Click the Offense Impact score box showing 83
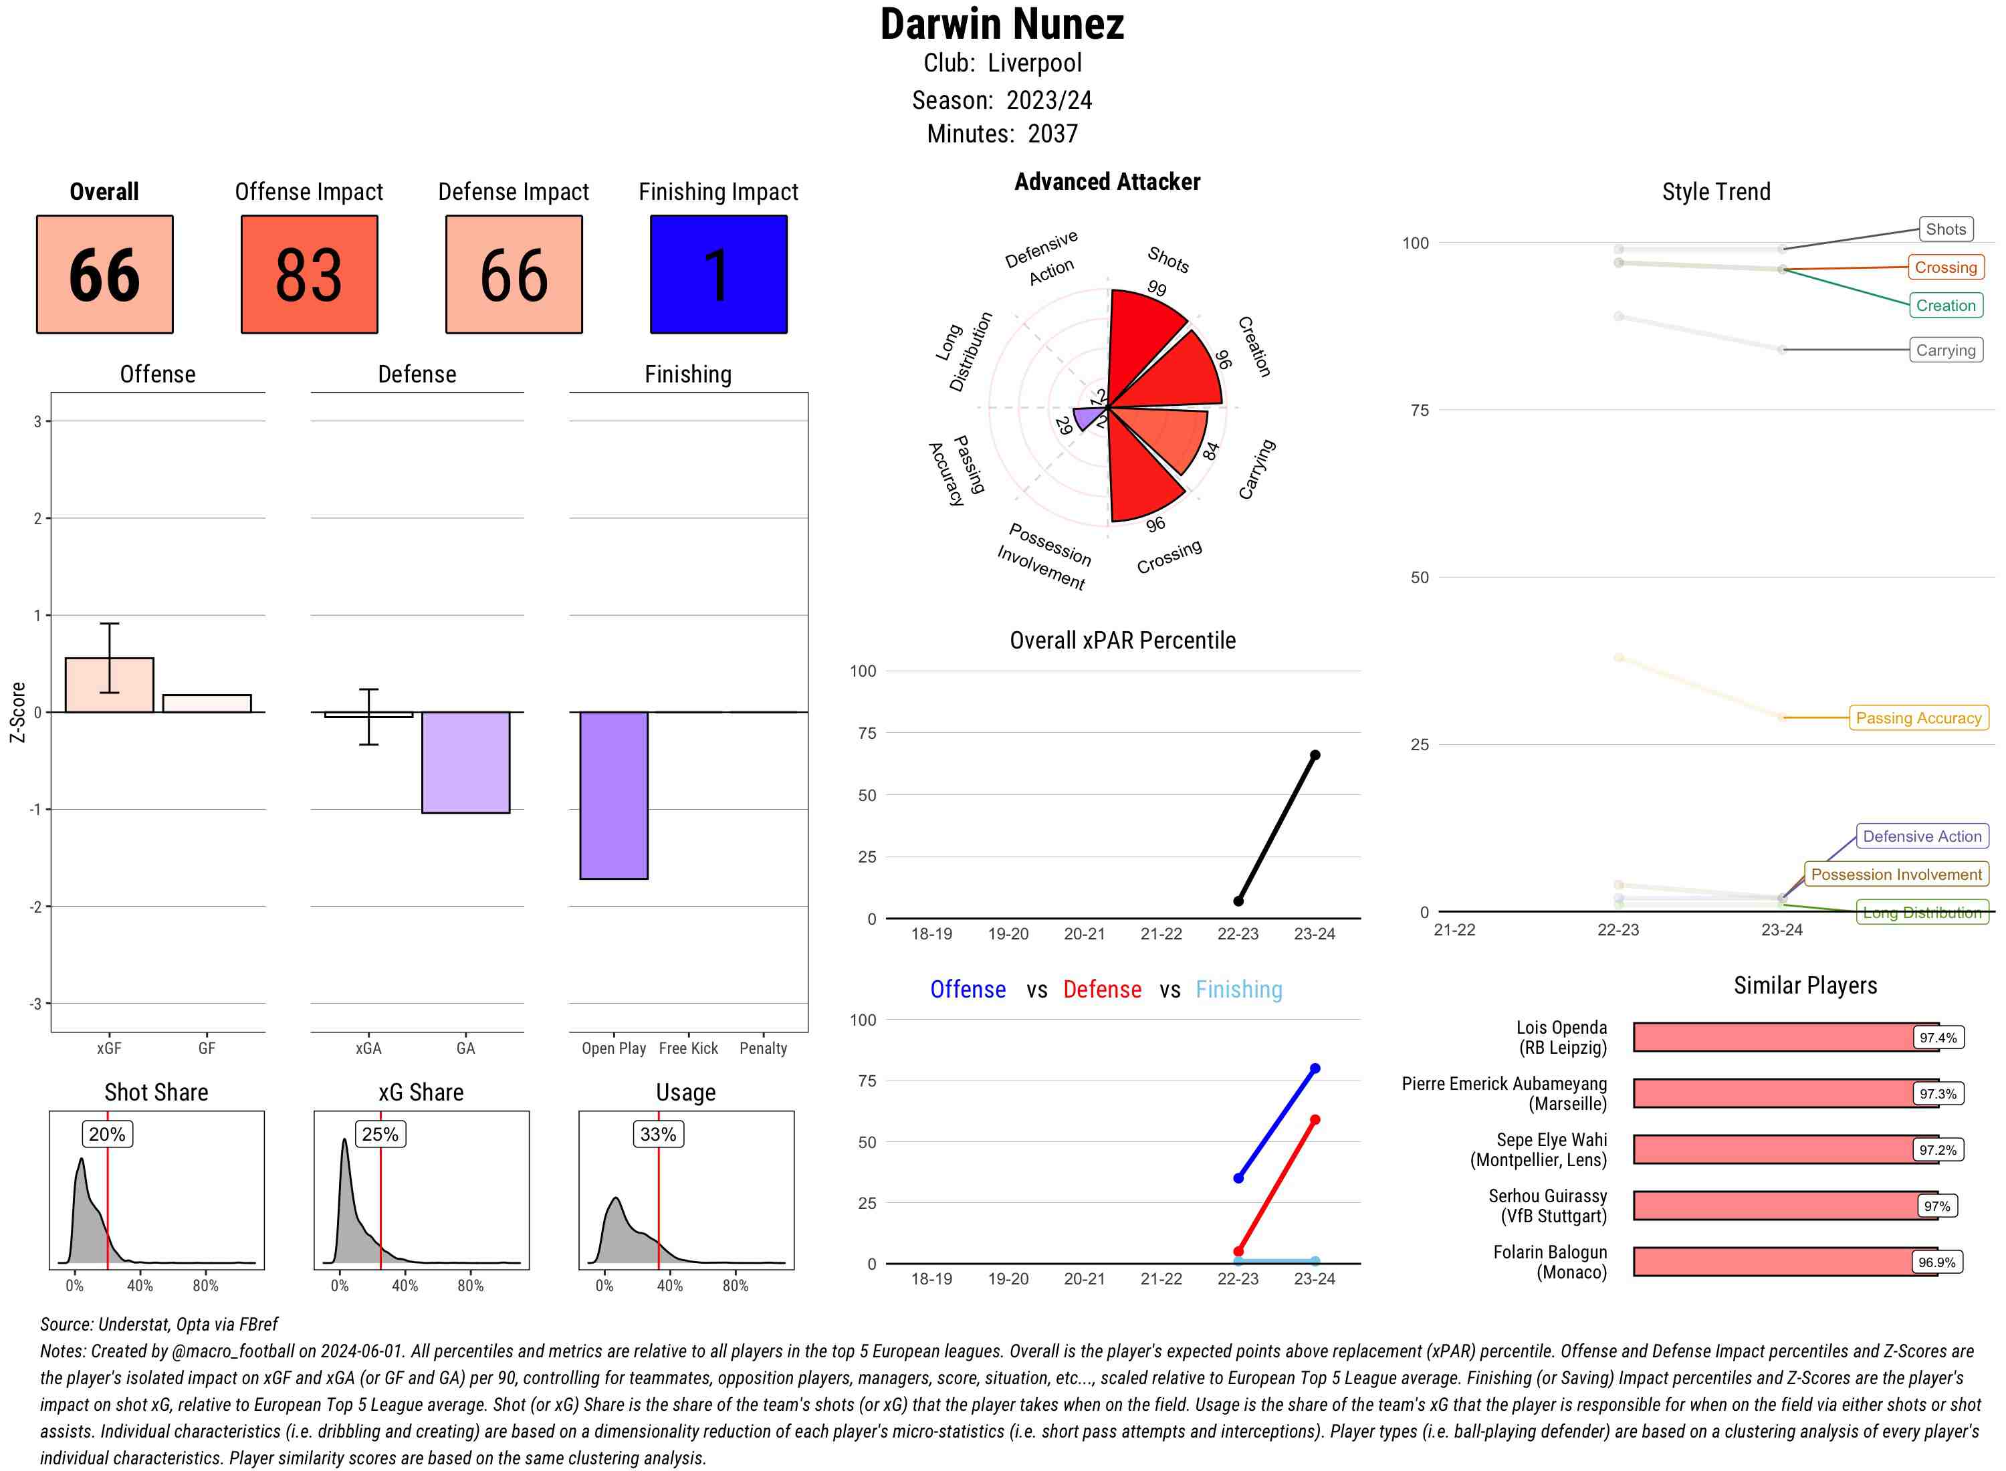point(309,274)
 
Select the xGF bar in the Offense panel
point(110,685)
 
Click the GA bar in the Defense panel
point(465,762)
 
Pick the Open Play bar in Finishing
point(613,795)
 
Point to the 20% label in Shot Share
point(107,1135)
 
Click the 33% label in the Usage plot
point(658,1135)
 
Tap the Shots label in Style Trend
point(1945,230)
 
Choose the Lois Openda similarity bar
point(1785,1037)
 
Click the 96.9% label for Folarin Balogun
point(1936,1262)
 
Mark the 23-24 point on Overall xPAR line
point(1314,755)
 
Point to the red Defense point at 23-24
point(1314,1120)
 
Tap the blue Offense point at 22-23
point(1238,1178)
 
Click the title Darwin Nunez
point(1002,25)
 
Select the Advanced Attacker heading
point(1107,183)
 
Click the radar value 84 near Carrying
point(1210,451)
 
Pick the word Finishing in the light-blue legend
point(1238,990)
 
